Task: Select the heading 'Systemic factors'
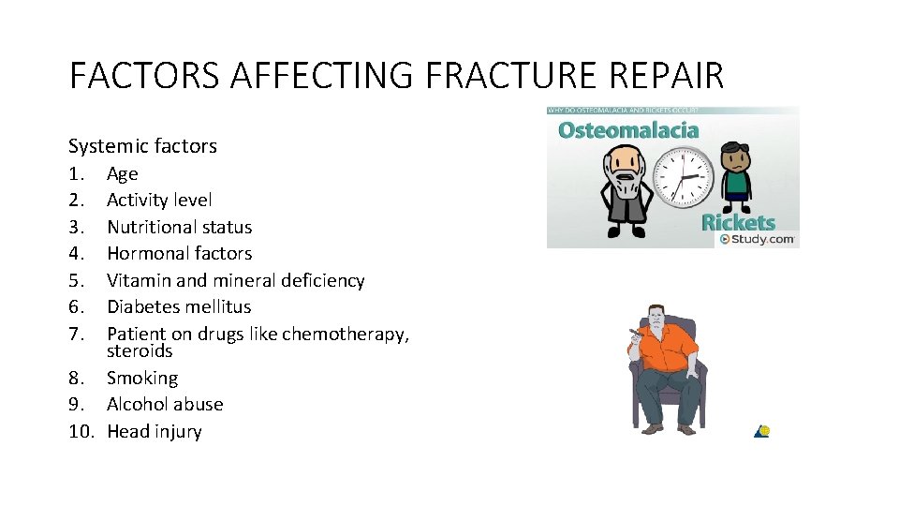coord(142,146)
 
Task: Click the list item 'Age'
coord(123,173)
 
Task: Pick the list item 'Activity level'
coord(159,200)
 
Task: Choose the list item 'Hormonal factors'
coord(179,253)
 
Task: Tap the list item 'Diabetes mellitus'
coord(179,306)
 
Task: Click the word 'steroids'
coord(140,351)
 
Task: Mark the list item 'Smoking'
coord(142,378)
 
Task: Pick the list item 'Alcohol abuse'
coord(165,404)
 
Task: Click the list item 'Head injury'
coord(155,431)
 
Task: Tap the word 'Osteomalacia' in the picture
coord(628,129)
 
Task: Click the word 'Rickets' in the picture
coord(739,223)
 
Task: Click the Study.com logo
coord(758,240)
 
